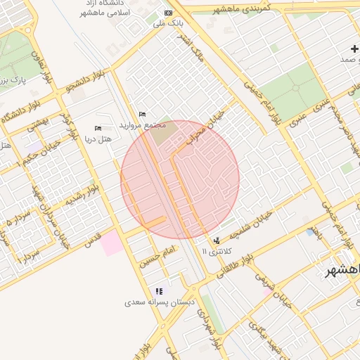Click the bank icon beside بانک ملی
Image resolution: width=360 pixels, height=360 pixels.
[167, 13]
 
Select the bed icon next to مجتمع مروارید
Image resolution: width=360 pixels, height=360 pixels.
[143, 114]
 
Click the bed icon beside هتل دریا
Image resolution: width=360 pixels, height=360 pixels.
[98, 128]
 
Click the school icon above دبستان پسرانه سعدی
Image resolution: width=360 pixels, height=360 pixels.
[160, 291]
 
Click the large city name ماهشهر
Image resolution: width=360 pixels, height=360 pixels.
[340, 271]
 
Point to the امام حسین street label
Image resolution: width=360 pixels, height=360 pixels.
[156, 258]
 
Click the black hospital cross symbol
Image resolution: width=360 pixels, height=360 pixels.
[355, 48]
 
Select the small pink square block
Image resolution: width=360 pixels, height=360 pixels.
[110, 244]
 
